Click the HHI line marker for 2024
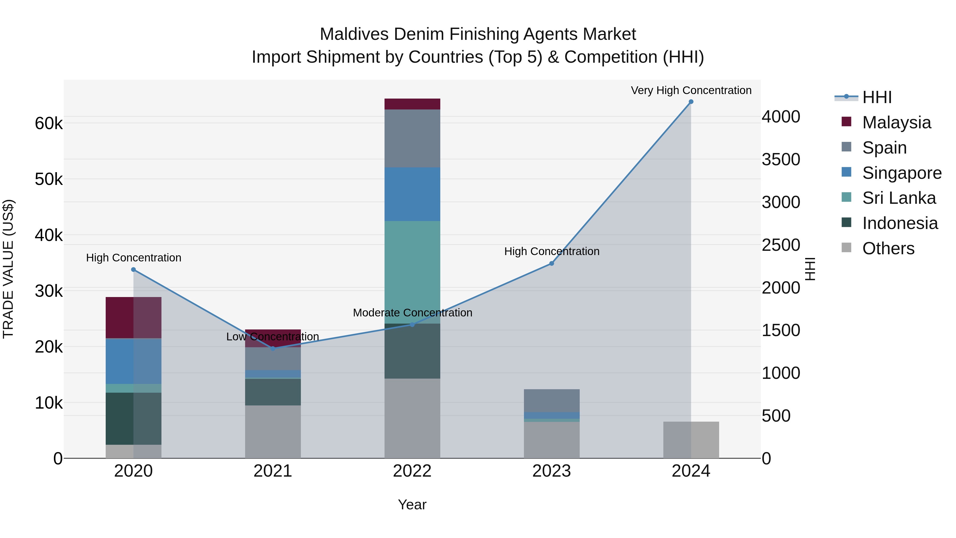point(691,102)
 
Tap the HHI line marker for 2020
point(134,270)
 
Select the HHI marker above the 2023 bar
point(552,263)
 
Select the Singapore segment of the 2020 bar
point(134,361)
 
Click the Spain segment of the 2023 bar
point(552,401)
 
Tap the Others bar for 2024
point(691,440)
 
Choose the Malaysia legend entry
point(896,122)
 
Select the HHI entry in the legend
point(877,97)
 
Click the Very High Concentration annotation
point(691,90)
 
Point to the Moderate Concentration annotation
point(412,313)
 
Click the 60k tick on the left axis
point(49,123)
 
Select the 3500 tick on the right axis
point(781,160)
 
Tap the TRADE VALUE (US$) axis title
point(8,269)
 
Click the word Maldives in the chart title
point(356,34)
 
